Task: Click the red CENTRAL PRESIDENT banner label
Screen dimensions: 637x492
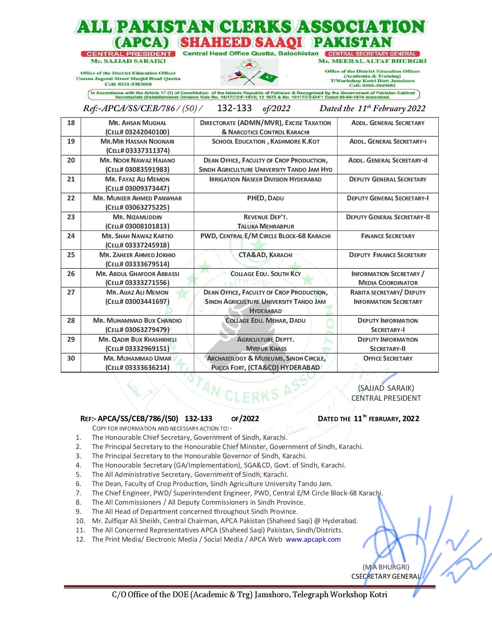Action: pos(128,54)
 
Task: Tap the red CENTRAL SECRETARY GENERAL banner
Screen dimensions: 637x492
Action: pos(372,54)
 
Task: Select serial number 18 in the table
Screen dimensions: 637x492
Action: pos(71,123)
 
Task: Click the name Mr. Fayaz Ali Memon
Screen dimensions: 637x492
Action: pos(137,179)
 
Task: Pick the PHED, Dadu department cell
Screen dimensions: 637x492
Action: pos(265,198)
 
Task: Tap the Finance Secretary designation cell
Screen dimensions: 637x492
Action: pos(388,236)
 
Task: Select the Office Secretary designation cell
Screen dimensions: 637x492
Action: pos(388,359)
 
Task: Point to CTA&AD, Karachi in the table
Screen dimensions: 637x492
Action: pos(265,255)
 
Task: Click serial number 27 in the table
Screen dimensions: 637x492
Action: pos(71,293)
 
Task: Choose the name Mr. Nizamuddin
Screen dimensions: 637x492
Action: pos(137,217)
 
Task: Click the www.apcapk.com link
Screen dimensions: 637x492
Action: pos(313,540)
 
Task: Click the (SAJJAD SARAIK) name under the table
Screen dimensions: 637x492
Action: pos(386,388)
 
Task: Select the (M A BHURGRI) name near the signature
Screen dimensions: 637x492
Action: pos(386,567)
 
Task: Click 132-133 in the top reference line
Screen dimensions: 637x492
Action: pos(234,108)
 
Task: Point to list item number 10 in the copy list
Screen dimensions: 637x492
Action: pos(79,521)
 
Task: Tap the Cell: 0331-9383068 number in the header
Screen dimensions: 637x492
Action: pos(128,84)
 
